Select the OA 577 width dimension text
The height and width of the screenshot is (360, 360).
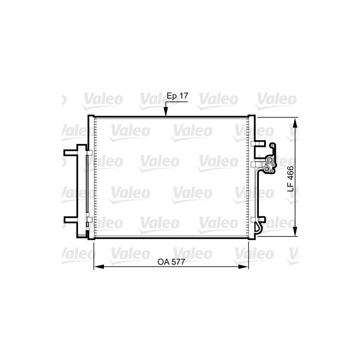tap(171, 261)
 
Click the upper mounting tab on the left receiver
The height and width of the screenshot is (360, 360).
tap(70, 153)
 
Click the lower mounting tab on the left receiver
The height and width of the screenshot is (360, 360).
tap(70, 220)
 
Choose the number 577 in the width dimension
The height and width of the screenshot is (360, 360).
tap(178, 261)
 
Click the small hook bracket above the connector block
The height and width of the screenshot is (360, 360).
tap(273, 147)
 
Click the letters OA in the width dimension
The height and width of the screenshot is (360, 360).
tap(162, 261)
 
